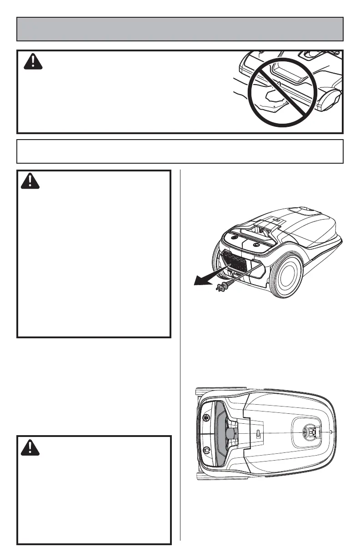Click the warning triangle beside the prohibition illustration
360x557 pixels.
(33, 61)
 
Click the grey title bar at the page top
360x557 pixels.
(180, 29)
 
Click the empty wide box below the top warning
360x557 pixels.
(180, 151)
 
